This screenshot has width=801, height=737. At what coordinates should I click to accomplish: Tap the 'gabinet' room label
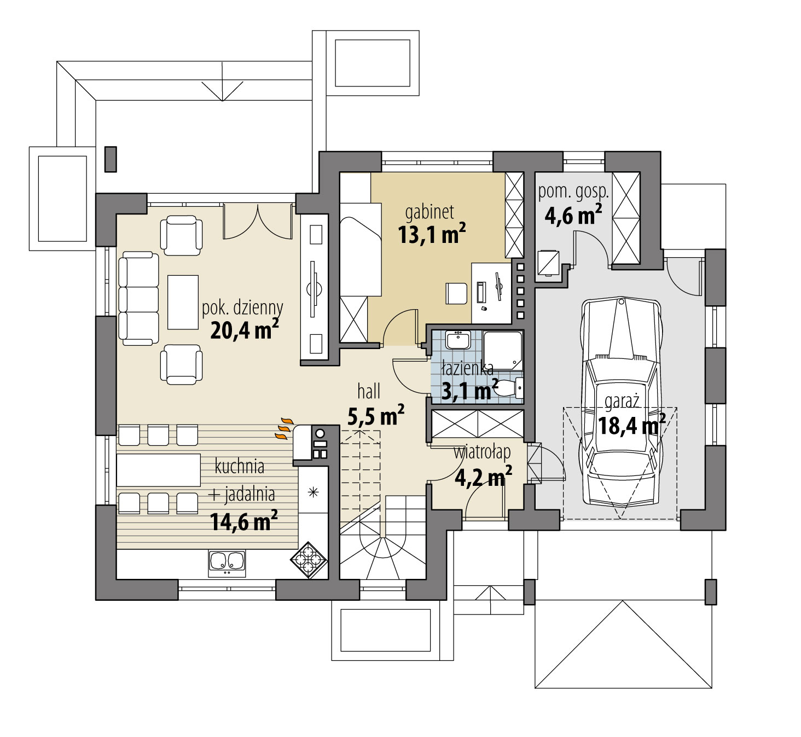pyautogui.click(x=429, y=212)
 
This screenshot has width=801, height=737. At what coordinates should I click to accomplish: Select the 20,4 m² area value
pyautogui.click(x=244, y=330)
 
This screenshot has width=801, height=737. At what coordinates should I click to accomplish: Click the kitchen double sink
pyautogui.click(x=227, y=562)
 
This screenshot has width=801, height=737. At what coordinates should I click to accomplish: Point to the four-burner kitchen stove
pyautogui.click(x=309, y=560)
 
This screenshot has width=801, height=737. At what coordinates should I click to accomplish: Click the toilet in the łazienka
pyautogui.click(x=509, y=388)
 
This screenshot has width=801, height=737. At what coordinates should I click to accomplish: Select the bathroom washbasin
pyautogui.click(x=457, y=340)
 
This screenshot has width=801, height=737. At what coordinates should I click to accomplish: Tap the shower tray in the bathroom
pyautogui.click(x=502, y=349)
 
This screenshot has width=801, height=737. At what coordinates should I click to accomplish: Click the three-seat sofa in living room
pyautogui.click(x=138, y=299)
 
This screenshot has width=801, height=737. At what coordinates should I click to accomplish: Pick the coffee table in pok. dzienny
pyautogui.click(x=183, y=302)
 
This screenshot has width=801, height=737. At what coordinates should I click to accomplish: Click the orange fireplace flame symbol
pyautogui.click(x=284, y=428)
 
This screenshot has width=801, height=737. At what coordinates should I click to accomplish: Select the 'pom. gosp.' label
pyautogui.click(x=573, y=192)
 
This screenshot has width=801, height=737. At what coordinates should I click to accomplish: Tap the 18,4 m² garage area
pyautogui.click(x=631, y=425)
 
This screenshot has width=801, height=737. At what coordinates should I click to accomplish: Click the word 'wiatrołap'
pyautogui.click(x=482, y=452)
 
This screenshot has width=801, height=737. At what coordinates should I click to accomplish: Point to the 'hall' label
pyautogui.click(x=369, y=392)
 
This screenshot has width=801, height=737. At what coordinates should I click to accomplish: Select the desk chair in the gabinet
pyautogui.click(x=456, y=293)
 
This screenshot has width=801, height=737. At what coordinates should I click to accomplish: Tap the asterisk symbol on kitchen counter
pyautogui.click(x=313, y=492)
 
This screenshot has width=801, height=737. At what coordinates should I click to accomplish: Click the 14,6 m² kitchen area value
pyautogui.click(x=243, y=521)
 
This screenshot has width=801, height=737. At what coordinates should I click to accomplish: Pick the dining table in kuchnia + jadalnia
pyautogui.click(x=158, y=469)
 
